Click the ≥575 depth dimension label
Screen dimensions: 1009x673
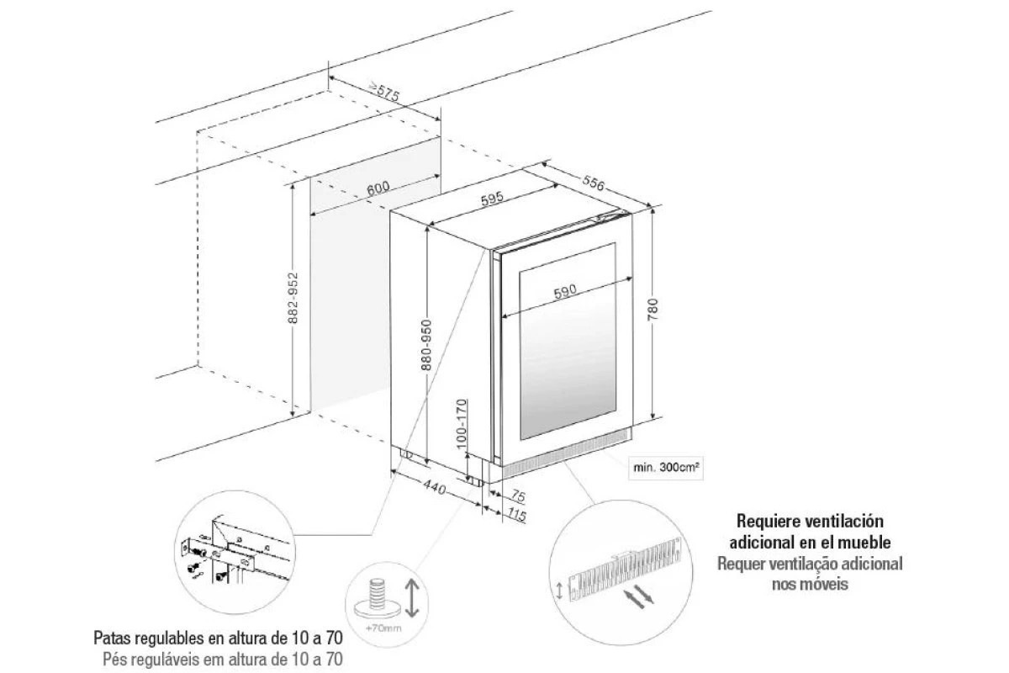[383, 92]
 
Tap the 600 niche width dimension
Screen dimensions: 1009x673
[378, 188]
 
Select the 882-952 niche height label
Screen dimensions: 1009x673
[293, 298]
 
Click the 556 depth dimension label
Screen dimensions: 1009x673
[594, 183]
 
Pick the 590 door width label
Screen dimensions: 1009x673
[565, 292]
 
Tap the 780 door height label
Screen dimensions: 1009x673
[652, 310]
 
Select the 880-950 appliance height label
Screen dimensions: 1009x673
[425, 345]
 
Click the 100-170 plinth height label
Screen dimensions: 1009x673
[462, 424]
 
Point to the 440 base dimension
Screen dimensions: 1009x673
[435, 487]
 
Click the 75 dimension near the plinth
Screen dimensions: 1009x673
[518, 496]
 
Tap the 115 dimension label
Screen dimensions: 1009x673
[516, 514]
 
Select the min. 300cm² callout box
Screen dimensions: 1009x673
[666, 468]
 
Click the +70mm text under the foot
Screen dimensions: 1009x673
[383, 628]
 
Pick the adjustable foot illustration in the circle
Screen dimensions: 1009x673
[377, 599]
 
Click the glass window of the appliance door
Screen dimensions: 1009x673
[568, 342]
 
